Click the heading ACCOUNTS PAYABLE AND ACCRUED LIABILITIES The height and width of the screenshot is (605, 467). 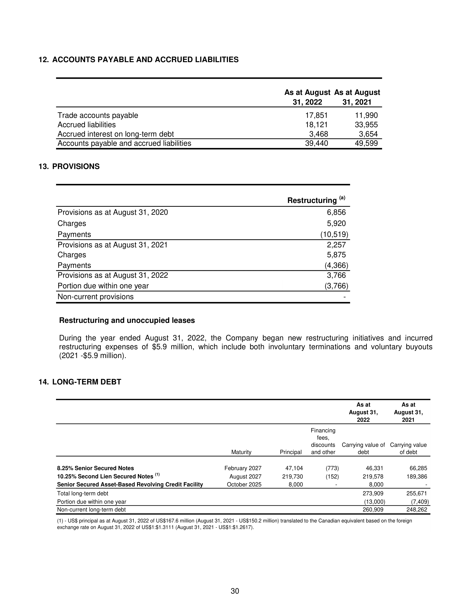[145, 60]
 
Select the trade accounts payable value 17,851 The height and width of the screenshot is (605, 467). [316, 115]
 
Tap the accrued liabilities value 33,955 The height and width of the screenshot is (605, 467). [366, 125]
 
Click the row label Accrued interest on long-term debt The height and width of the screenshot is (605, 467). [116, 134]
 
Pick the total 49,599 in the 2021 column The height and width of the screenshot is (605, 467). [366, 143]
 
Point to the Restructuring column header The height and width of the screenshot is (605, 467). [312, 200]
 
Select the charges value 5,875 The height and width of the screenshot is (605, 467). [336, 255]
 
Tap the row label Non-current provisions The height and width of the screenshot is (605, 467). [95, 297]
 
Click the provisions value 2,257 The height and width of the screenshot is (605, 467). [336, 244]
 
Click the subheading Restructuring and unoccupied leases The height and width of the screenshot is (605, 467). [127, 320]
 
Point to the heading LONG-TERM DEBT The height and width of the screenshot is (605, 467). [87, 382]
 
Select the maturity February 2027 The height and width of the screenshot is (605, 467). [243, 468]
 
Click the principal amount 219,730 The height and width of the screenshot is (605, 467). [290, 477]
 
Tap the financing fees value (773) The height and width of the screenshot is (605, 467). [332, 468]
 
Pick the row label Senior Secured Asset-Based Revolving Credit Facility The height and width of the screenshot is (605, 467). [130, 485]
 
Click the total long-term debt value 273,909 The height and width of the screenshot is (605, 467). [373, 493]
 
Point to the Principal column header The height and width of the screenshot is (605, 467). [290, 452]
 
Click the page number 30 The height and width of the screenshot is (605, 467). [235, 591]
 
